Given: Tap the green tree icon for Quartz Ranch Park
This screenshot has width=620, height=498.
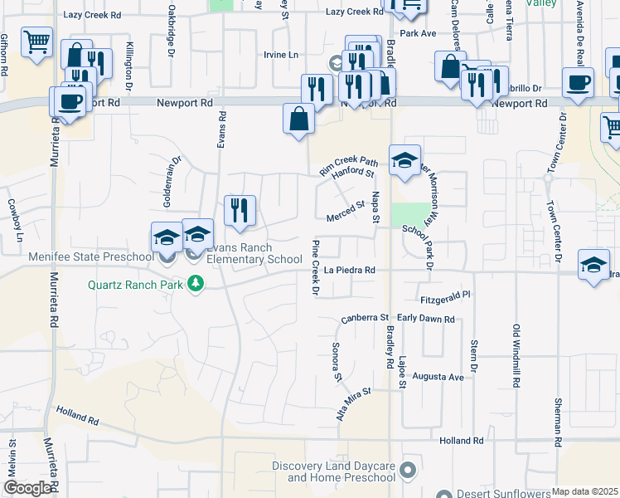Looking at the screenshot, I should point(196,285).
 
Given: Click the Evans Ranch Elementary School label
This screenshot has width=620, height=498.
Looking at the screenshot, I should point(254,253).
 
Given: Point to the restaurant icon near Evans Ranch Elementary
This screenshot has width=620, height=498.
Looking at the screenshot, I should point(240,211).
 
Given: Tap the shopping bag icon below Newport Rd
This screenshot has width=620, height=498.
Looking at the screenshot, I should point(298,119).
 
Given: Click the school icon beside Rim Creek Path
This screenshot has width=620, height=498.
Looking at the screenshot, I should point(404,161).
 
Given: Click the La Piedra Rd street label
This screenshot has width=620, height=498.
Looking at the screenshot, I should point(350,270).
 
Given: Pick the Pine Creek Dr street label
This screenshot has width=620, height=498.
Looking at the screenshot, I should point(315,268).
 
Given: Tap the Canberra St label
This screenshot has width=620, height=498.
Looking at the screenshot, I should point(365,319).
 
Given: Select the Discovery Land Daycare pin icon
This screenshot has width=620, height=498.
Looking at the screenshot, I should point(407,471).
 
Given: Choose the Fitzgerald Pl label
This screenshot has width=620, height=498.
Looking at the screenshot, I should point(445,295).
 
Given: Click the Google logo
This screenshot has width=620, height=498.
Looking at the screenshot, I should point(27,487).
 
